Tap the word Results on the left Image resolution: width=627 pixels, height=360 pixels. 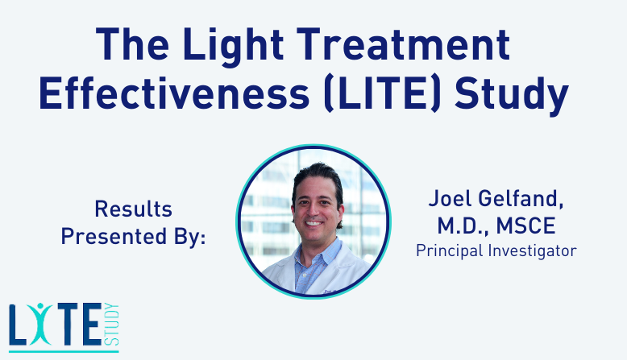click(133, 209)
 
